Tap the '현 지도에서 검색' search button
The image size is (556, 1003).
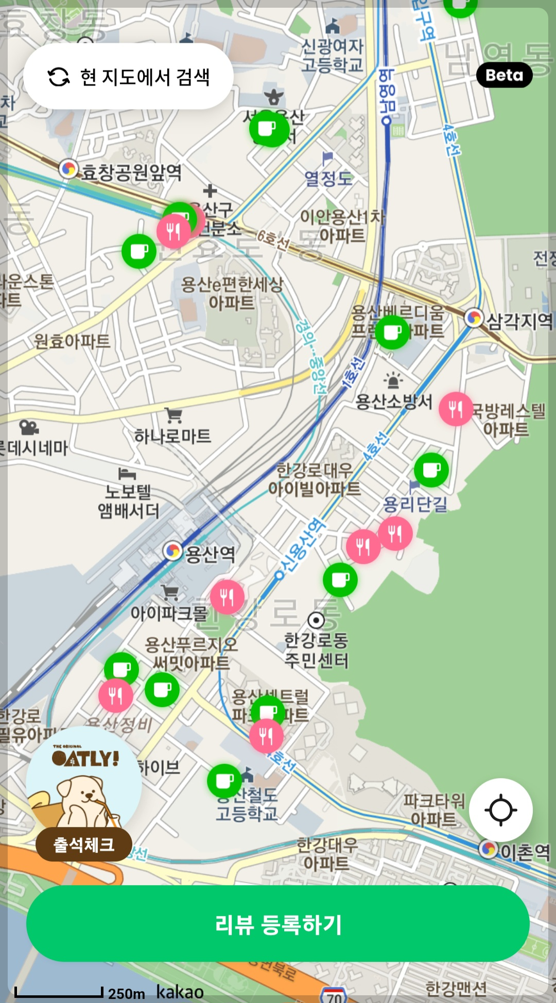click(128, 77)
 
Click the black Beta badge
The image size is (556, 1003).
click(504, 75)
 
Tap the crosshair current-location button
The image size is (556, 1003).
click(500, 810)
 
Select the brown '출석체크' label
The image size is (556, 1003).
click(84, 844)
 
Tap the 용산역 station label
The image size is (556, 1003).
click(210, 554)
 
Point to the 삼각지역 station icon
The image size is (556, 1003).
click(474, 318)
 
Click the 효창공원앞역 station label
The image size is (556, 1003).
click(131, 172)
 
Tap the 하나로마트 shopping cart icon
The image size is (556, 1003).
click(174, 415)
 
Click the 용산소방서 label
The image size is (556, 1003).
click(394, 401)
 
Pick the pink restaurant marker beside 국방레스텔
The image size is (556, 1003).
click(456, 409)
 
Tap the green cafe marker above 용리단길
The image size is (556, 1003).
click(431, 470)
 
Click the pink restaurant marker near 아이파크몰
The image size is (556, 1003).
click(227, 597)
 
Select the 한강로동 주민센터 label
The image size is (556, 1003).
click(317, 650)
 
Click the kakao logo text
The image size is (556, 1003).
click(180, 992)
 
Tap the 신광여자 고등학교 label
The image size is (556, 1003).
click(333, 55)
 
